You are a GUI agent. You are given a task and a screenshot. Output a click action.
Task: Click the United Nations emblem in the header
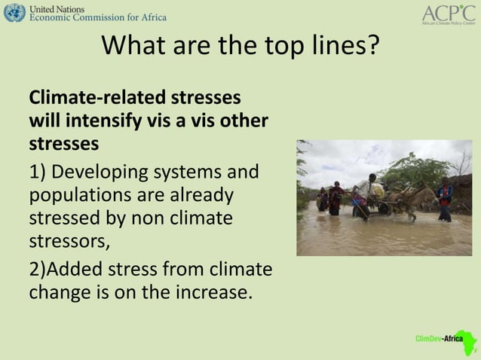coord(14,12)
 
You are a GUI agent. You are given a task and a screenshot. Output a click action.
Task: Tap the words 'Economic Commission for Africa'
coord(98,17)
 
